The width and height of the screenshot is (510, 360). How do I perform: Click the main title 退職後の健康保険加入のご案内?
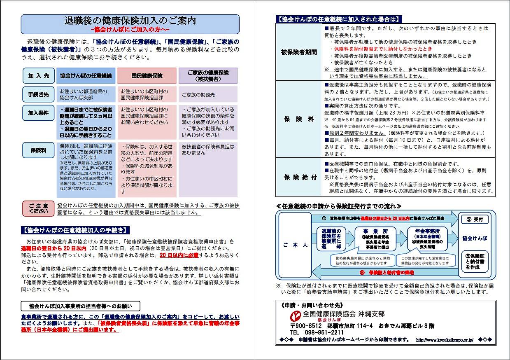coord(130,20)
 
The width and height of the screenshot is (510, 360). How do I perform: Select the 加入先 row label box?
coord(38,76)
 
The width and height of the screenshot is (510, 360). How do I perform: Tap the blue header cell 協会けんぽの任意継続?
coord(86,76)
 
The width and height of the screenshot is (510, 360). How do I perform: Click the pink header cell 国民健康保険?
coord(147,76)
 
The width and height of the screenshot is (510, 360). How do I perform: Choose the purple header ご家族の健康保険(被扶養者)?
coord(208,76)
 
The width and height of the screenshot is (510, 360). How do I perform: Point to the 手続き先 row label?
coord(38,94)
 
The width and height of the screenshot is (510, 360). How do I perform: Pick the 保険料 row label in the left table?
coord(38,150)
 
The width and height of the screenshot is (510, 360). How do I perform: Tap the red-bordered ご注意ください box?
coord(38,208)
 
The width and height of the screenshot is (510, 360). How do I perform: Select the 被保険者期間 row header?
coord(299,52)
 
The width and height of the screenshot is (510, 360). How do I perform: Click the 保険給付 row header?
coord(299,177)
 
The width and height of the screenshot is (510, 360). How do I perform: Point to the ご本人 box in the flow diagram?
coord(295,245)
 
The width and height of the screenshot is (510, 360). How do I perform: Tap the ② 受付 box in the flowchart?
coord(475,219)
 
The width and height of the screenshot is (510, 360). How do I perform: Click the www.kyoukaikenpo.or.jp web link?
coord(444,340)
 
